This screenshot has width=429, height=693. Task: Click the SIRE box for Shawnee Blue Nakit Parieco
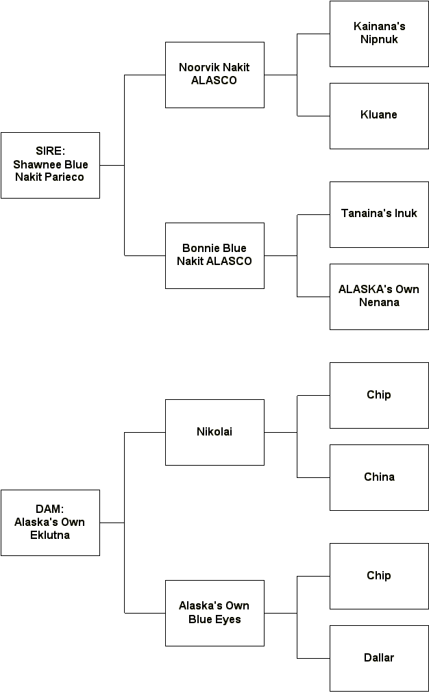coord(50,165)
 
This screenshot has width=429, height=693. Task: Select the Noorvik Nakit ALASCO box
coord(214,75)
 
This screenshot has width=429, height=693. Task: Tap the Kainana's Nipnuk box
coord(379,34)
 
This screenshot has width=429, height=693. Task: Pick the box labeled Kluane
coord(379,116)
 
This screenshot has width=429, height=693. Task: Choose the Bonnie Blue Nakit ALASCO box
coord(214,255)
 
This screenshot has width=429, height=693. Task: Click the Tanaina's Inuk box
coord(379,214)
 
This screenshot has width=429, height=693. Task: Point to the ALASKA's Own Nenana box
coord(379,297)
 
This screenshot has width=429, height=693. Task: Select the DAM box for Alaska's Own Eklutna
coord(50,522)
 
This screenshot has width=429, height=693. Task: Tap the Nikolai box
coord(214,432)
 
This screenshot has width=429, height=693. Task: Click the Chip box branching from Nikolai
coord(379,395)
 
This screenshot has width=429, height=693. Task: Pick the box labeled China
coord(379,477)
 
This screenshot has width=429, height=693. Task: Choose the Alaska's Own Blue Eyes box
coord(214,613)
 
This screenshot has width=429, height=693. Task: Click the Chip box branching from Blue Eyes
coord(379,576)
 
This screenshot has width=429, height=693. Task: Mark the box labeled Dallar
coord(379,658)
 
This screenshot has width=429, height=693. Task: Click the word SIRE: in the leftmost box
coord(50,151)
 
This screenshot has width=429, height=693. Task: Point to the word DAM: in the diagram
coord(49,509)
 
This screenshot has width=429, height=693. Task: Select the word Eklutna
coord(50,535)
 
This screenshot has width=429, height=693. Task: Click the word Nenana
coord(379,303)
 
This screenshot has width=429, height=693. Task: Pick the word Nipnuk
coord(379,40)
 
